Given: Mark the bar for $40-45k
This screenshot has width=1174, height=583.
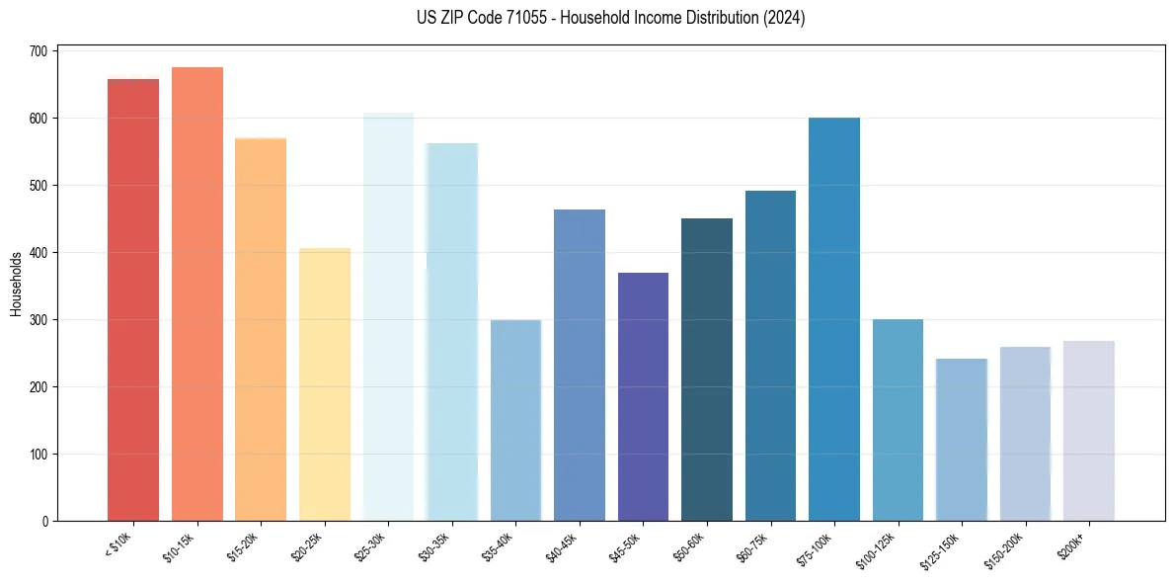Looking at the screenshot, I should point(580,365).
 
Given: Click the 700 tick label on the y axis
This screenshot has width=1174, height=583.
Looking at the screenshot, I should point(39,50).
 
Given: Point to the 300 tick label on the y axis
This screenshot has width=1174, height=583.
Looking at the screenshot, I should point(39,320).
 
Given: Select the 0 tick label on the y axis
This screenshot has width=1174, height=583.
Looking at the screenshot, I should point(44,522).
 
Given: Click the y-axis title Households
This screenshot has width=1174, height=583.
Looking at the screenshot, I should point(17,284).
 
